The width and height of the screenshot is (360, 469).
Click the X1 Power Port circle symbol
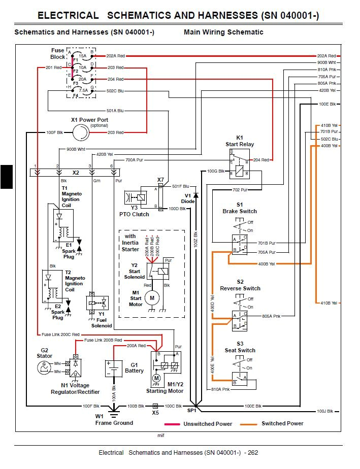(80, 133)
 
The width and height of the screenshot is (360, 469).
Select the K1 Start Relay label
(240, 141)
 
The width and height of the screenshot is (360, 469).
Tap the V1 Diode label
(188, 198)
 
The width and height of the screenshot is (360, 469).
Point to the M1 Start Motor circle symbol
(151, 297)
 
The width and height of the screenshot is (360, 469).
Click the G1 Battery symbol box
(111, 368)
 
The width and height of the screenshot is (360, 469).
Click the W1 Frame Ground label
(114, 419)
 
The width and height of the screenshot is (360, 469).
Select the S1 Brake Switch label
(240, 208)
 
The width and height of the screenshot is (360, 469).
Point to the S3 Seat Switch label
(240, 347)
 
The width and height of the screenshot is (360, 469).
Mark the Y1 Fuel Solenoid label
(102, 322)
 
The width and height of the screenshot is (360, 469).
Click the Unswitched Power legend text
(208, 424)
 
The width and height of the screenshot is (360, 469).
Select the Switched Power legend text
(282, 424)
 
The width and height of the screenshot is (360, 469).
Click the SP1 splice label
(191, 410)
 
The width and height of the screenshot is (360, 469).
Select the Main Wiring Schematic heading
(223, 32)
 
